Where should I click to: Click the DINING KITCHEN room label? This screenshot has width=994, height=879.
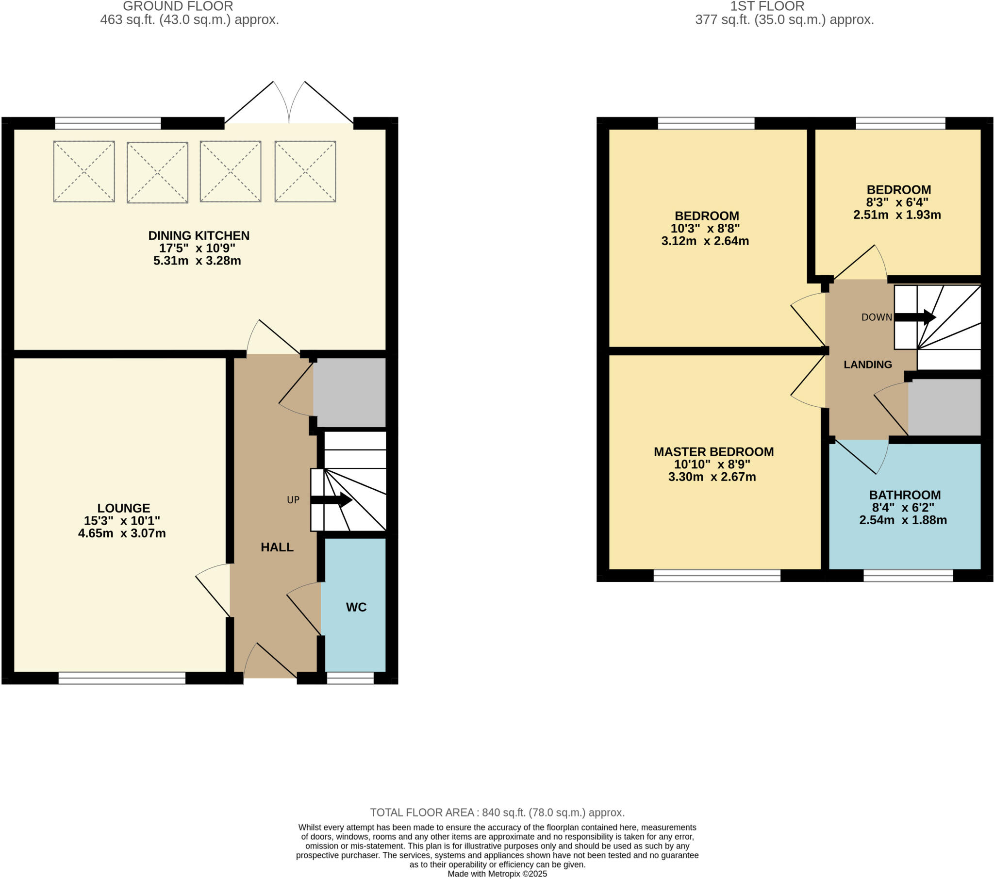[x=199, y=235]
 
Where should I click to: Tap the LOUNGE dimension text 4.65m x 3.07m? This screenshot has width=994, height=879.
[x=121, y=533]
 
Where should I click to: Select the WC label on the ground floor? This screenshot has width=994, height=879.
[x=356, y=607]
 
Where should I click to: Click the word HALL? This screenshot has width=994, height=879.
[x=277, y=547]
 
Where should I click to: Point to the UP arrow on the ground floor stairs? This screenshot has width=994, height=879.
[x=331, y=499]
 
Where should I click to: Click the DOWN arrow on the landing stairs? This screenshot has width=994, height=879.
[x=915, y=317]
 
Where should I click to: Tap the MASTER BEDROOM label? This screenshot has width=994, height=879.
[x=713, y=451]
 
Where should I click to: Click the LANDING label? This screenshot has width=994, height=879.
[x=867, y=365]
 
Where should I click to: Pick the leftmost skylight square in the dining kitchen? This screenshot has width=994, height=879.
[x=84, y=171]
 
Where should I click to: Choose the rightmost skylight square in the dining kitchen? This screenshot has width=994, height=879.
[x=305, y=171]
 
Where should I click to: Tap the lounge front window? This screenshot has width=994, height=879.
[x=121, y=678]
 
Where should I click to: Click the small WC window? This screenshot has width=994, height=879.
[x=350, y=678]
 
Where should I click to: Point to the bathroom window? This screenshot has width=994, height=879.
[x=908, y=576]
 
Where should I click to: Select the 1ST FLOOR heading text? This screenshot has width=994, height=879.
[x=767, y=6]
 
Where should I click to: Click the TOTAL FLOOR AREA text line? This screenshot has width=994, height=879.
[x=497, y=813]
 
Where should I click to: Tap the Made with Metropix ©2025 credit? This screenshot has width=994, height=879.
[x=497, y=874]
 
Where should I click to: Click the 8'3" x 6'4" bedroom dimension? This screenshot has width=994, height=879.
[x=897, y=202]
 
